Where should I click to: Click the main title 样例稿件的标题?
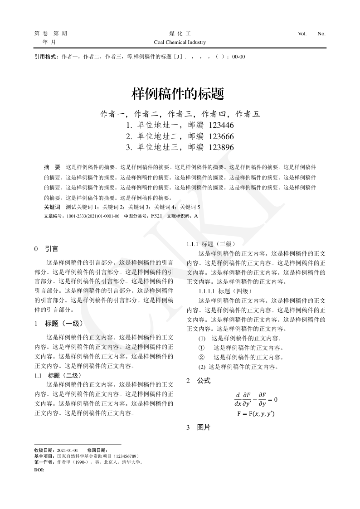pos(178,94)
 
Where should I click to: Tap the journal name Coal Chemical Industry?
pos(180,42)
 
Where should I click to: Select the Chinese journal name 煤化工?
pos(180,34)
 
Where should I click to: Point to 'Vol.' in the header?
pos(302,34)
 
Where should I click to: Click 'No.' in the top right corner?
pos(321,34)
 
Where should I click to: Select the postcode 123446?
pos(222,125)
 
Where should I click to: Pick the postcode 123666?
pos(222,136)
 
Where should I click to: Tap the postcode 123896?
pos(222,147)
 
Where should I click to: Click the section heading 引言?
pos(51,248)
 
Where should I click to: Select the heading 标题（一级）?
pos(64,324)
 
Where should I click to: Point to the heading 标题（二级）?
pos(64,375)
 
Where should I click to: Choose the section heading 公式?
pos(204,381)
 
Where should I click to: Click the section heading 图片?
pos(204,427)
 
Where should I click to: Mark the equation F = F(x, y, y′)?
pos(256,414)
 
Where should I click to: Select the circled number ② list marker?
pos(202,357)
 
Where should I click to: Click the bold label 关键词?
pos(52,207)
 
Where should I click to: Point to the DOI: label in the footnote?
pos(39,470)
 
